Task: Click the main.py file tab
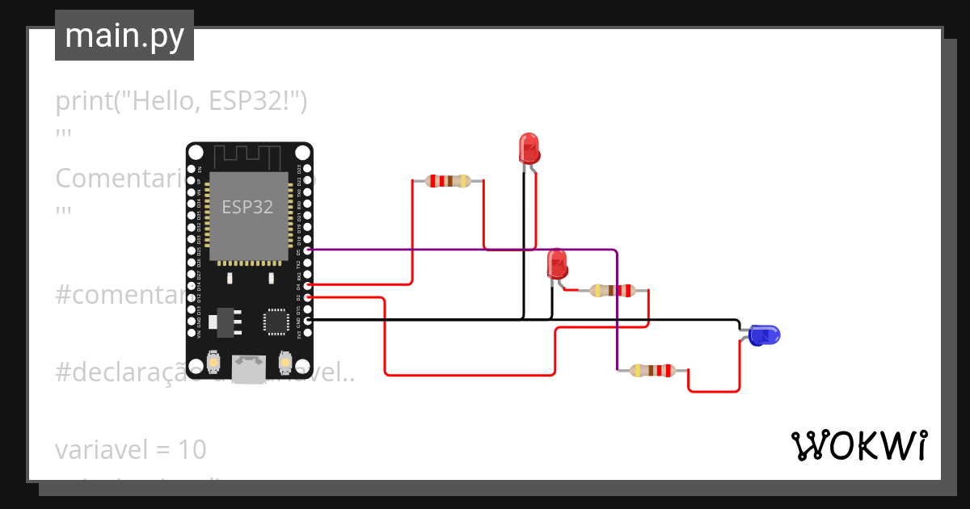[x=124, y=36]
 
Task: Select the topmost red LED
[x=529, y=149]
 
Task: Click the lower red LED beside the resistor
[x=557, y=263]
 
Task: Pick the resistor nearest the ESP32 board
[x=448, y=181]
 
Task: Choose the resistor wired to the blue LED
[x=652, y=371]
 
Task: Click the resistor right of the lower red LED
[x=610, y=290]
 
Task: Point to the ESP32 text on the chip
[x=248, y=207]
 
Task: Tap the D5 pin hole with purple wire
[x=307, y=250]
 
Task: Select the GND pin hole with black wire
[x=307, y=321]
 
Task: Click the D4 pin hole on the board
[x=307, y=285]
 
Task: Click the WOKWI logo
[x=858, y=445]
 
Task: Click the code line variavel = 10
[x=131, y=448]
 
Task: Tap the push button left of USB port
[x=214, y=360]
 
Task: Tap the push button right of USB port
[x=285, y=360]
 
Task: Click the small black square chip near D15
[x=276, y=321]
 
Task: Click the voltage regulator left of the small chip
[x=223, y=322]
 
